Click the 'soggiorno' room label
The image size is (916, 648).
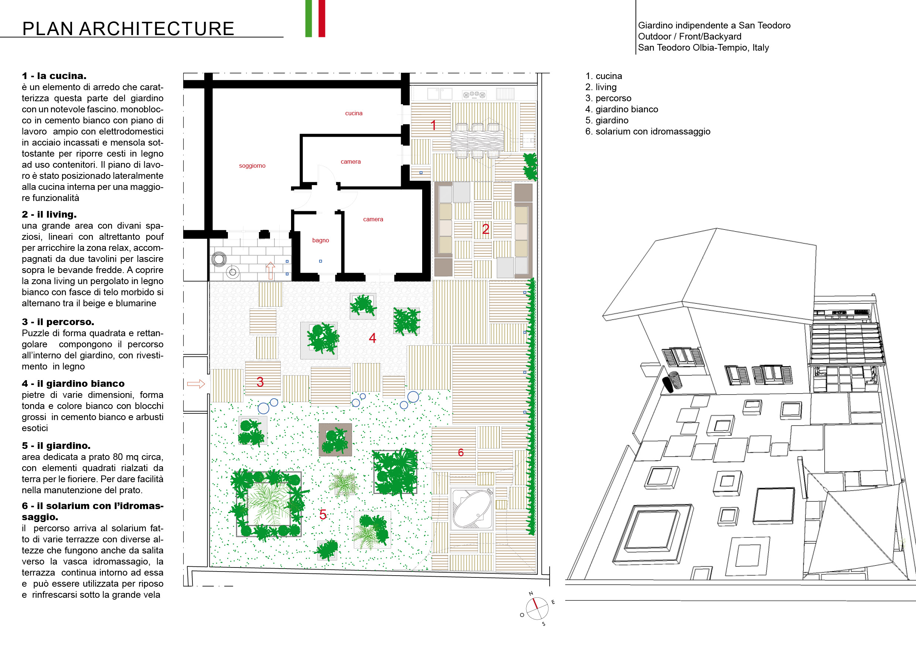(x=252, y=166)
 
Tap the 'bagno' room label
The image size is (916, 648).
(x=320, y=240)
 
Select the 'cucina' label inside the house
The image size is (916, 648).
(x=353, y=113)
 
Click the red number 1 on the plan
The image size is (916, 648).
(x=433, y=125)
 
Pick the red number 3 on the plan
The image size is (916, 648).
(x=260, y=382)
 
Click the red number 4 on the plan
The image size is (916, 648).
(x=372, y=338)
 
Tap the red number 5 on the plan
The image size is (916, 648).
(x=323, y=515)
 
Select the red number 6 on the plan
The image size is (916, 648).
(x=461, y=453)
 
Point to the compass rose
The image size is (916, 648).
(x=537, y=608)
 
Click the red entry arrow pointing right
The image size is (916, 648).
(x=196, y=384)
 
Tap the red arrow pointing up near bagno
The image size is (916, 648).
(x=270, y=270)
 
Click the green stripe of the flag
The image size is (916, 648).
(x=308, y=18)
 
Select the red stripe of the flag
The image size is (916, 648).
(x=322, y=18)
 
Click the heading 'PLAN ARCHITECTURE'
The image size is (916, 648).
(x=128, y=29)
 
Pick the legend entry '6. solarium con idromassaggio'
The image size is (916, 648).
(x=647, y=132)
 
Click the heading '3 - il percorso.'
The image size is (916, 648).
(x=58, y=322)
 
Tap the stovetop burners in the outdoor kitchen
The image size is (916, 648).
(x=474, y=95)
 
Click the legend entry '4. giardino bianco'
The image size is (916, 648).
(x=622, y=109)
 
